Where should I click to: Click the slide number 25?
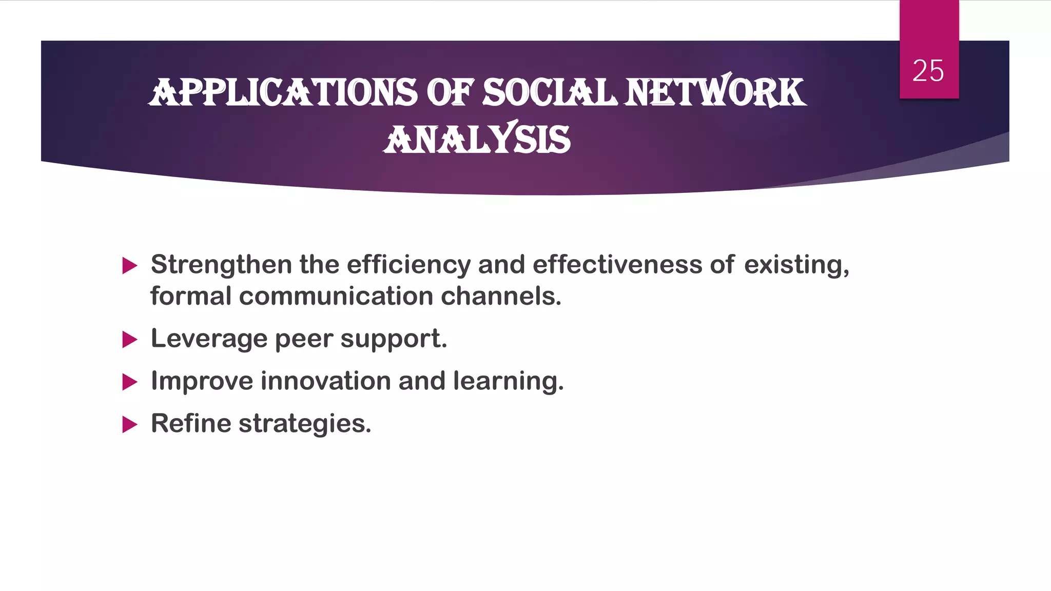click(x=928, y=71)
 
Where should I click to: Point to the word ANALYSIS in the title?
click(x=477, y=139)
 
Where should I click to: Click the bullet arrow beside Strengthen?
click(x=130, y=266)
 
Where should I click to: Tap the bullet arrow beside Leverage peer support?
click(x=130, y=340)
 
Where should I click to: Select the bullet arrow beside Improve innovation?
click(x=130, y=382)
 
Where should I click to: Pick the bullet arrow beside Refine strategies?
click(x=130, y=425)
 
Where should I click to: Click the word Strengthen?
click(x=221, y=265)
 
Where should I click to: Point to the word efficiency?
click(x=408, y=265)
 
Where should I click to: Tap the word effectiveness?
click(x=617, y=265)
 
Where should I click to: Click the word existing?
click(x=796, y=265)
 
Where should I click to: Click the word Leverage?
click(x=209, y=339)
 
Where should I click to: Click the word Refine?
click(x=191, y=424)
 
